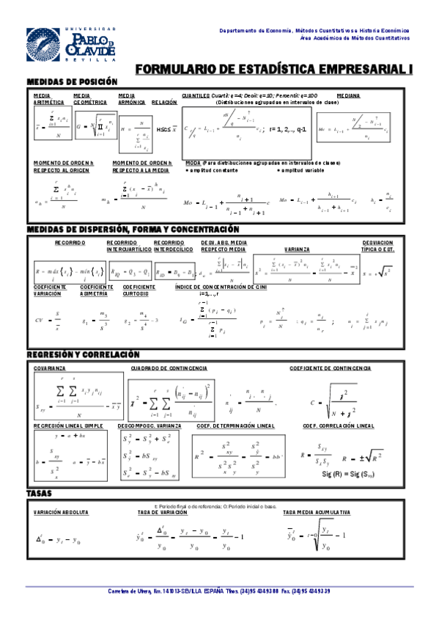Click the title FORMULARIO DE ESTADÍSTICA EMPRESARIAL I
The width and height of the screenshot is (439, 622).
pyautogui.click(x=275, y=68)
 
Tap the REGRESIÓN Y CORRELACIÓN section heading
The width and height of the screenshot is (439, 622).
pyautogui.click(x=82, y=354)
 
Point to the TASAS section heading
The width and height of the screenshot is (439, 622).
pyautogui.click(x=40, y=493)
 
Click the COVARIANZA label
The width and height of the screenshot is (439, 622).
pyautogui.click(x=48, y=367)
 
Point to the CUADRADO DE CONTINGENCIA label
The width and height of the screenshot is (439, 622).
pyautogui.click(x=169, y=367)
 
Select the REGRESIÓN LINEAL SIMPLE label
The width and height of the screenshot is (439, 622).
pyautogui.click(x=68, y=425)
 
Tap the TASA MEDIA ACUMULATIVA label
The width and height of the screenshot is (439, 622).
pyautogui.click(x=315, y=512)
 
